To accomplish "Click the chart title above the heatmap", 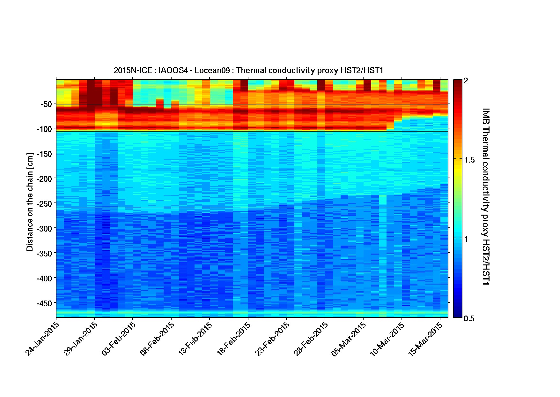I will (248, 70).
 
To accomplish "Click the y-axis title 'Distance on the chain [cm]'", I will (30, 202).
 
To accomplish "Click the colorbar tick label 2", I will (466, 81).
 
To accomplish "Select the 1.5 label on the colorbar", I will (469, 160).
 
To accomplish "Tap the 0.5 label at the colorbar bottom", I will (469, 318).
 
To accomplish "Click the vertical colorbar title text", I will (486, 196).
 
